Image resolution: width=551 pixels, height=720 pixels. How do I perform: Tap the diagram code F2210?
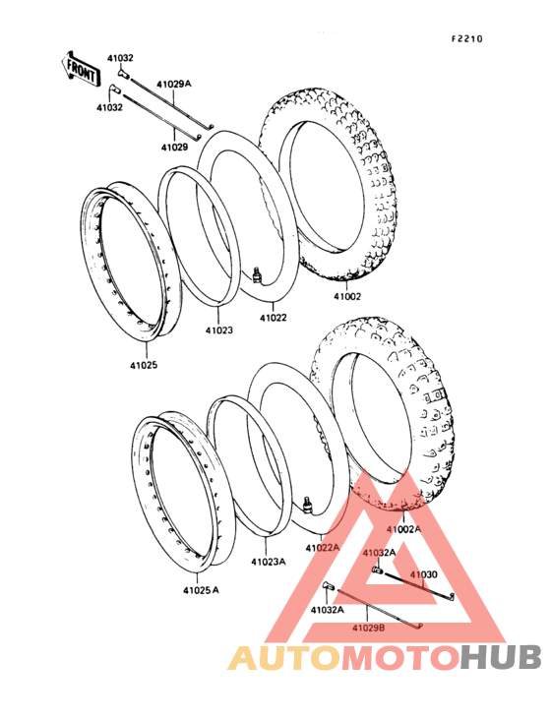(x=467, y=39)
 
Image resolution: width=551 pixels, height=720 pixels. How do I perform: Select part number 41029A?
(x=173, y=84)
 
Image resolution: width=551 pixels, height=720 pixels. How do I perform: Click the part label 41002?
(x=347, y=297)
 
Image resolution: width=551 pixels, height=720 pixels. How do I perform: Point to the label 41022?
(x=274, y=318)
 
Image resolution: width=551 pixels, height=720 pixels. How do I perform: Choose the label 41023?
(x=219, y=330)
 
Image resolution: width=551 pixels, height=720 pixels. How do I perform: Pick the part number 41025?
(x=144, y=365)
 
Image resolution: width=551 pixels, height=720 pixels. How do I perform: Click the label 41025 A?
(x=201, y=590)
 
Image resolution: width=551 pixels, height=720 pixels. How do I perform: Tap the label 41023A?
(x=269, y=561)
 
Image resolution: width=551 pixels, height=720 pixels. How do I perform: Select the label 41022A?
(x=323, y=547)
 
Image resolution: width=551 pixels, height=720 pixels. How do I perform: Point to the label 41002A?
(x=403, y=529)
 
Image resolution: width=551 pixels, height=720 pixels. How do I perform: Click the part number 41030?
(x=424, y=574)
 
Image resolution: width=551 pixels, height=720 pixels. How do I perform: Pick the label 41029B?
(x=369, y=627)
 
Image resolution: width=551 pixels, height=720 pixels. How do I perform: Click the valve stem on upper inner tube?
(x=257, y=273)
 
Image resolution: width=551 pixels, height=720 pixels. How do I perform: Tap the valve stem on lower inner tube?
(x=308, y=504)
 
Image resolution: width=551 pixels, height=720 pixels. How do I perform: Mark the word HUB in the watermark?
(x=502, y=658)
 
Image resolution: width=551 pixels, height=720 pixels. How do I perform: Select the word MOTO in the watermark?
(x=400, y=658)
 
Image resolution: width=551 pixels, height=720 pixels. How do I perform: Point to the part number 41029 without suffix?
(x=174, y=148)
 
